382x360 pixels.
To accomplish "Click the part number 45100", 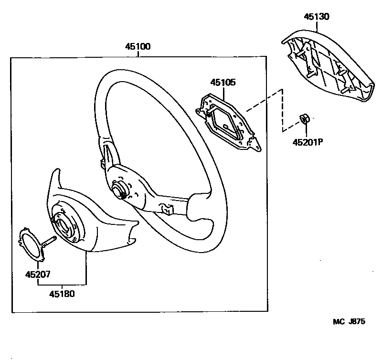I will coord(138,47).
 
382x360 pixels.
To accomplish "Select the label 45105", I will coord(223,83).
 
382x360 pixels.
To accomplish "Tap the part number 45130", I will coord(317,17).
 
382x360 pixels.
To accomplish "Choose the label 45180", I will coord(62,294).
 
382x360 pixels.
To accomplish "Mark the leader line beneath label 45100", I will coord(138,54).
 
